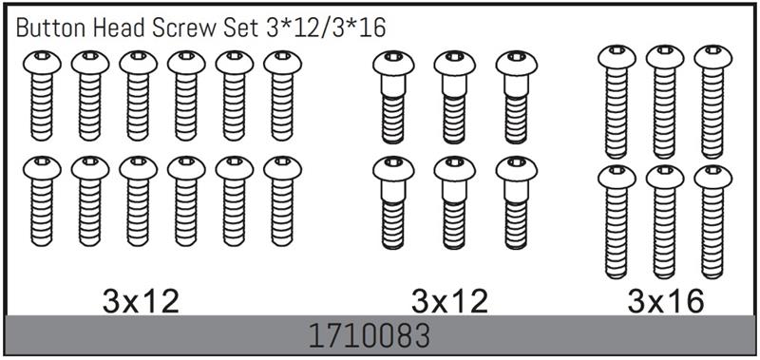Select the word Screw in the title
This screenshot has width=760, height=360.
click(x=181, y=29)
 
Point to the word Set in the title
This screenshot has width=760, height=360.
click(x=240, y=29)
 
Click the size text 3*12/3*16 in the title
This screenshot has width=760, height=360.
click(x=326, y=29)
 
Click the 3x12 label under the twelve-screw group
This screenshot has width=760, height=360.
click(x=141, y=302)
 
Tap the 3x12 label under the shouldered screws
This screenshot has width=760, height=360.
click(x=449, y=302)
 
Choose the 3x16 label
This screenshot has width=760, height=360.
click(x=665, y=302)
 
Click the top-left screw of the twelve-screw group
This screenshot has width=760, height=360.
click(x=42, y=95)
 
